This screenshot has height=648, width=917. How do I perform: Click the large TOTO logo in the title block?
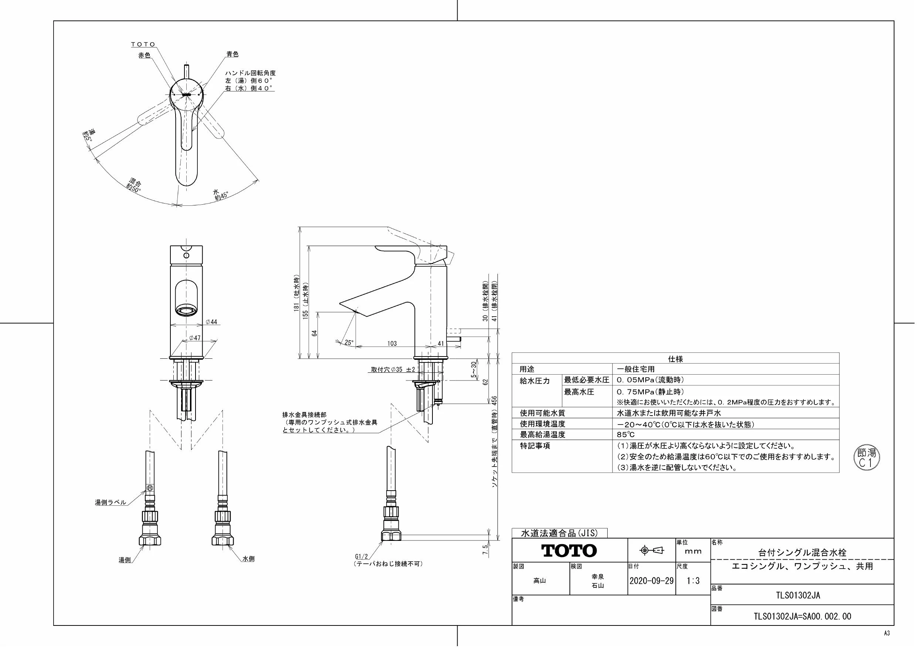tap(569, 551)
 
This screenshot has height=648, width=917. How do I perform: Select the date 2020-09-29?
tap(651, 580)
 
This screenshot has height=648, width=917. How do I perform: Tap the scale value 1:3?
tap(693, 580)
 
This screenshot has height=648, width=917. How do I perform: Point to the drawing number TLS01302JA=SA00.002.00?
tap(802, 617)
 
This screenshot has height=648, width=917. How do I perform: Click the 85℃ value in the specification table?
tap(625, 434)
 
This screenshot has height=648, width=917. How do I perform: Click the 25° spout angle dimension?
tap(349, 342)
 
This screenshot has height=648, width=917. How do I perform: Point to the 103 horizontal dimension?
tap(392, 343)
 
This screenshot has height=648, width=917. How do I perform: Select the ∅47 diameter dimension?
tap(194, 338)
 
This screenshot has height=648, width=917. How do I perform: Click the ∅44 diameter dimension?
tap(211, 322)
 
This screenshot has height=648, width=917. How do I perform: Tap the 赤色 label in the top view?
tap(144, 55)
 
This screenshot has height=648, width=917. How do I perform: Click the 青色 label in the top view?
tap(232, 54)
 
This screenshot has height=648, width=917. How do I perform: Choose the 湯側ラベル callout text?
tap(110, 502)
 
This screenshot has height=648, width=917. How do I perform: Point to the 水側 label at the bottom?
tap(248, 559)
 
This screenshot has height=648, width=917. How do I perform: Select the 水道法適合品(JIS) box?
tap(559, 533)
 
